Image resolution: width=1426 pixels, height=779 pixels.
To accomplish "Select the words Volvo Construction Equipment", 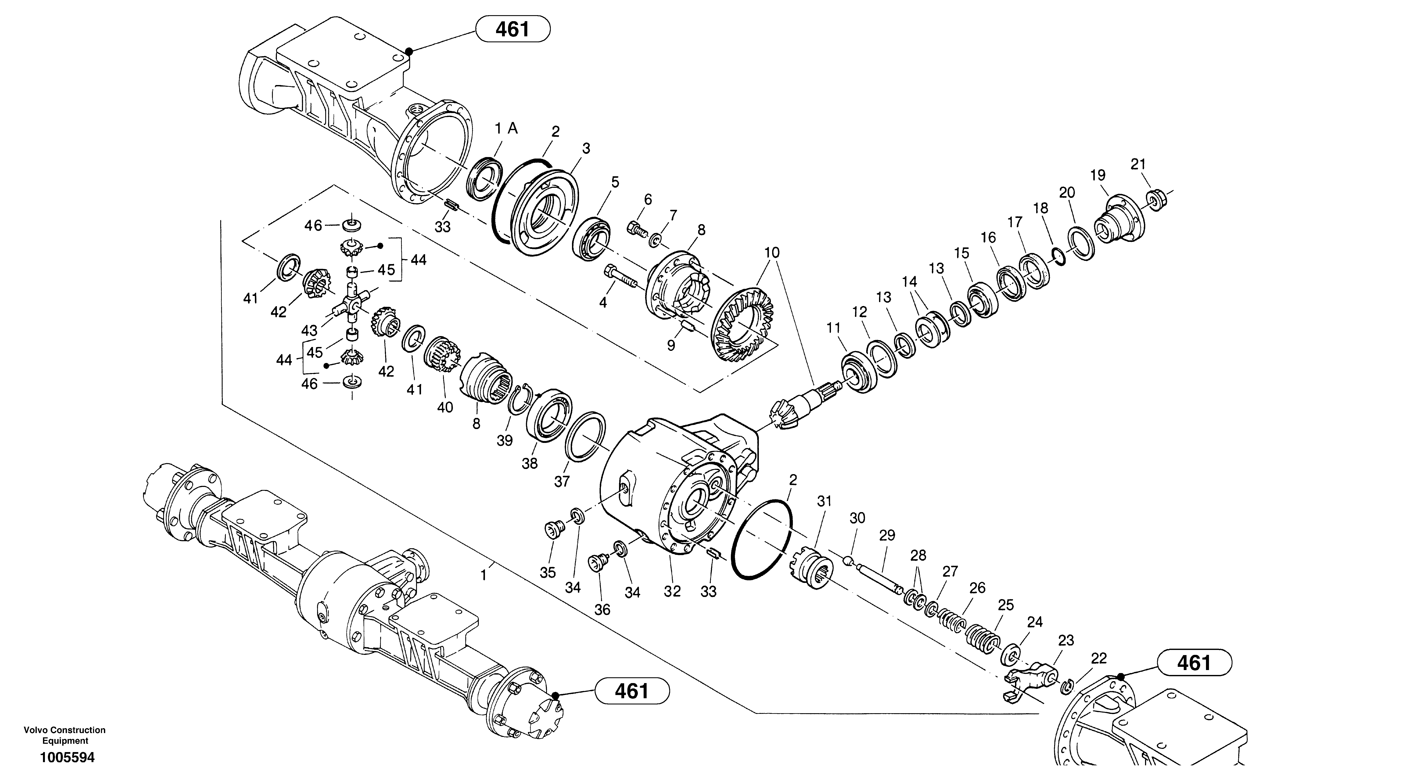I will tap(65, 735).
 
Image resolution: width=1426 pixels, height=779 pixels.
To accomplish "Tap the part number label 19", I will tap(1098, 175).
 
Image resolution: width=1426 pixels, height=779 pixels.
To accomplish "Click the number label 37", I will tap(562, 482).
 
